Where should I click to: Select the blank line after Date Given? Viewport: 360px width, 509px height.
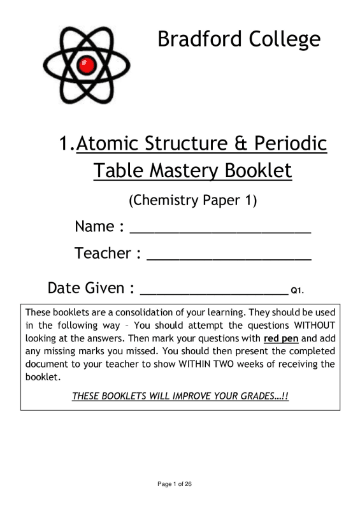[x=213, y=294]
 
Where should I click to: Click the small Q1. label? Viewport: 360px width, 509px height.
[x=297, y=292]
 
